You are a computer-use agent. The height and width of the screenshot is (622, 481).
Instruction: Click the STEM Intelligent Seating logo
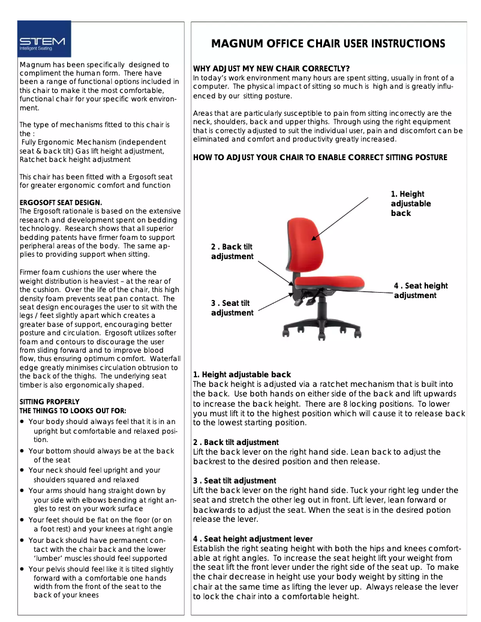[x=44, y=39]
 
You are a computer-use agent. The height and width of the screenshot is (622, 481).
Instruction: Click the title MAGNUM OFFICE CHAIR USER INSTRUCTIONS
[x=328, y=44]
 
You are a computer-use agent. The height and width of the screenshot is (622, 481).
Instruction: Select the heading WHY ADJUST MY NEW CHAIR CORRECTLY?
[x=271, y=68]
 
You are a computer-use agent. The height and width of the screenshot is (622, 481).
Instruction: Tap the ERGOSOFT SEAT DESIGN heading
[x=61, y=203]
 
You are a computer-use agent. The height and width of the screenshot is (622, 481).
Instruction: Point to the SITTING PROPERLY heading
[x=49, y=402]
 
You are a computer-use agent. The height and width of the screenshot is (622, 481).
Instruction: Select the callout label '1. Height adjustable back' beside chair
[x=411, y=203]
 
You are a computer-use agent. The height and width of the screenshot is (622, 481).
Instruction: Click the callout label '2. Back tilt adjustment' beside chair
[x=232, y=252]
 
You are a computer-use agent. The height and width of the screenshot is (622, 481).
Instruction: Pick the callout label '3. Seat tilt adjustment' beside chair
[x=232, y=308]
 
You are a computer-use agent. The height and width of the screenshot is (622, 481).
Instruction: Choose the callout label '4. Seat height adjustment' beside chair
[x=420, y=290]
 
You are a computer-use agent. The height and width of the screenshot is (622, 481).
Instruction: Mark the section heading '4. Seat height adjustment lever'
[x=252, y=539]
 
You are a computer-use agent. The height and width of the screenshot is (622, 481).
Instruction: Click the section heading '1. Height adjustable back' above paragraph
[x=242, y=374]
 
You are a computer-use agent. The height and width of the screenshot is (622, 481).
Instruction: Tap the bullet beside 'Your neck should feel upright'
[x=22, y=471]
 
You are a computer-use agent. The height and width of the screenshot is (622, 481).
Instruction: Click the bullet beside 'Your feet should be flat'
[x=22, y=520]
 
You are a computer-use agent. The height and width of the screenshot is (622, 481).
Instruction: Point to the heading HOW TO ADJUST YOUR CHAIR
[x=320, y=158]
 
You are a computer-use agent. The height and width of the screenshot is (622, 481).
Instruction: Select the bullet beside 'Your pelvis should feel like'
[x=22, y=569]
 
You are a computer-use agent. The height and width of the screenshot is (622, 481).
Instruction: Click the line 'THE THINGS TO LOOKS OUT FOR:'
[x=73, y=411]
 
